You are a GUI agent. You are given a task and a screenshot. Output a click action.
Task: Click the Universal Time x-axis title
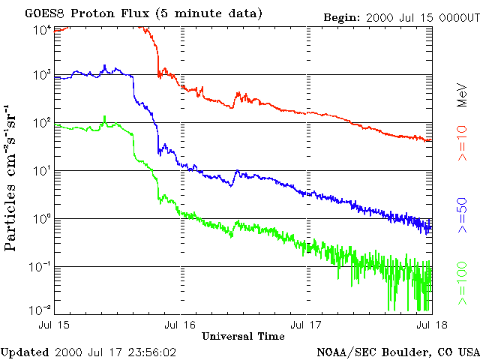click(243, 335)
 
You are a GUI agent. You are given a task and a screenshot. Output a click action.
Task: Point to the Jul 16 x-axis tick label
click(180, 325)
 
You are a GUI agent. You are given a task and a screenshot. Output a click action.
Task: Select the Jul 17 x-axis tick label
click(307, 325)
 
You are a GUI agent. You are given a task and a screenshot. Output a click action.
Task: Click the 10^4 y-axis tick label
click(42, 29)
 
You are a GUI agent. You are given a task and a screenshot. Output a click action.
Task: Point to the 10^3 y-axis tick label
click(42, 76)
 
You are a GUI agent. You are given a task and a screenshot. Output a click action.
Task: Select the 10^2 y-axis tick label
click(42, 124)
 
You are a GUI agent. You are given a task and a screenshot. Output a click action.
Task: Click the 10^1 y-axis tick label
click(42, 172)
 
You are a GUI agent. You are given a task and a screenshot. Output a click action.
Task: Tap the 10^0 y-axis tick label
click(42, 220)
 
